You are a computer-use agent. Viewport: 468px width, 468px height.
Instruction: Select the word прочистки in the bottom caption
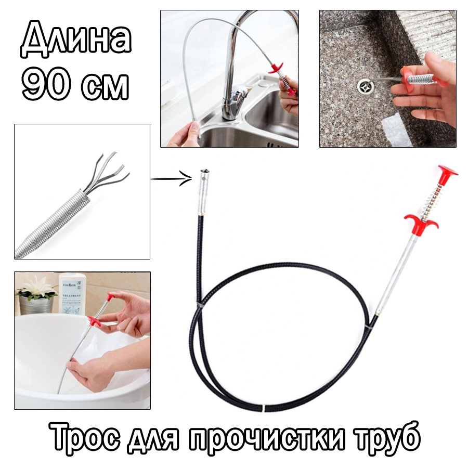point(278,440)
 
